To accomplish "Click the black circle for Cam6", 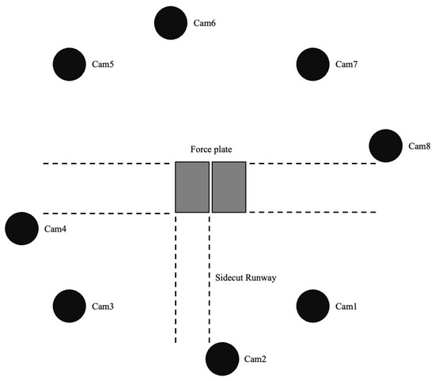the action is click(171, 23).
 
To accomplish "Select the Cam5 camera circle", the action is click(70, 64).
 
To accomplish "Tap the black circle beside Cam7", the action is click(312, 64).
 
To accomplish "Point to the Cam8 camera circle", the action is click(386, 145).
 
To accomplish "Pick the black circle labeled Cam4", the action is click(21, 228).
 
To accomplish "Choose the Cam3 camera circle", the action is click(70, 306).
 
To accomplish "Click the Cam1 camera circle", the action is click(312, 306).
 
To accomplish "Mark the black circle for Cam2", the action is click(222, 359).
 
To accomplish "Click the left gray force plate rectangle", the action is click(192, 187).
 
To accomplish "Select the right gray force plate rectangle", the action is click(229, 187).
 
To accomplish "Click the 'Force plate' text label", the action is click(211, 149).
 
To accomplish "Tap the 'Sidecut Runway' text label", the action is click(246, 277).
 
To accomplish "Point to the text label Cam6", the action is click(205, 23).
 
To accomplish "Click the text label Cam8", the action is click(419, 146).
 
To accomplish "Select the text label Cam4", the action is click(55, 228).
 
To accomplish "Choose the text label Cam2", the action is click(255, 359).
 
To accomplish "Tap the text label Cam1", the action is click(346, 306).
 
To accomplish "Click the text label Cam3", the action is click(103, 306).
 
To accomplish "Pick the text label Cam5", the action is click(103, 64).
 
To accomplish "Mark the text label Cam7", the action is click(346, 64).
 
